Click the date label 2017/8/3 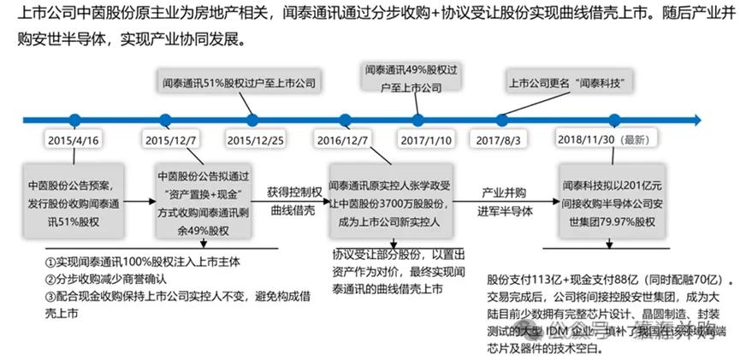(500, 139)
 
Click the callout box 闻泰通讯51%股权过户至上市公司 (240, 84)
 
